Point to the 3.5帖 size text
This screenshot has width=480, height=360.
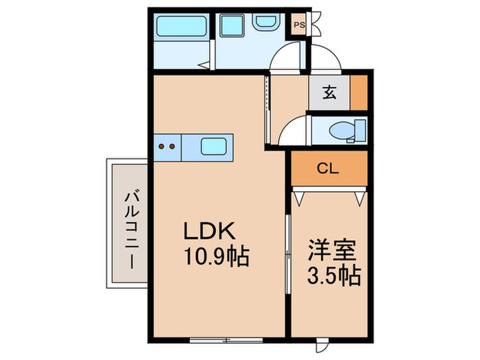pyautogui.click(x=331, y=276)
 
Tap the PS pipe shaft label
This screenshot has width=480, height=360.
pyautogui.click(x=299, y=25)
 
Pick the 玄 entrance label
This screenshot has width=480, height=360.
pyautogui.click(x=330, y=93)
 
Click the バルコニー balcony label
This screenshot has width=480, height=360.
pyautogui.click(x=128, y=224)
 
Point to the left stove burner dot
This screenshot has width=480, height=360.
pyautogui.click(x=163, y=145)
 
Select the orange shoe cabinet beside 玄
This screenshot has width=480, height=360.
pyautogui.click(x=359, y=93)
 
